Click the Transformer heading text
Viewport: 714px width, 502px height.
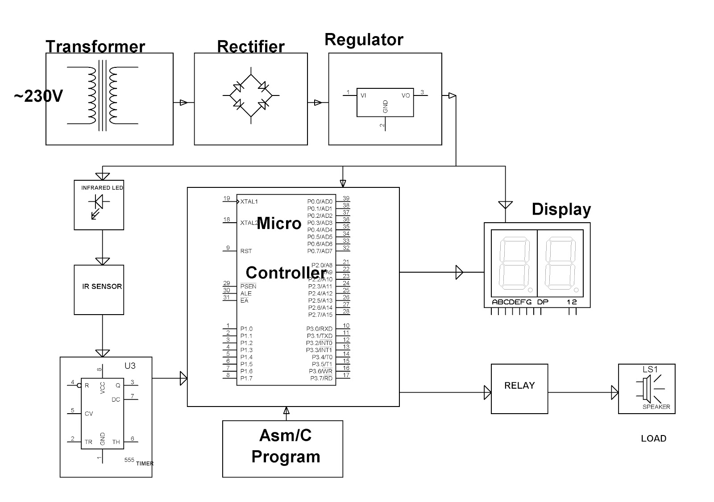(x=95, y=47)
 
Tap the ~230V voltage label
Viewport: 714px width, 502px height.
(x=38, y=96)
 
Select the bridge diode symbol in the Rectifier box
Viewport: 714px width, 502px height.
(x=251, y=95)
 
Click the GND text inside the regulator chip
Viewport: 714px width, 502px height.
(x=386, y=106)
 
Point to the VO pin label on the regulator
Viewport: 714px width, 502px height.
(x=406, y=95)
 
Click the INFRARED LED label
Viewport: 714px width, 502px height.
(x=102, y=188)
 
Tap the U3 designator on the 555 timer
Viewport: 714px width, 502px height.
(x=130, y=366)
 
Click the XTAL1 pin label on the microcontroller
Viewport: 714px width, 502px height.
(x=249, y=202)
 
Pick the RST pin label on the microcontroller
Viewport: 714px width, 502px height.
(x=246, y=251)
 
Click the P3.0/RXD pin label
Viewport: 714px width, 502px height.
(x=319, y=329)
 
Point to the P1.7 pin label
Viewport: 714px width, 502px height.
(x=246, y=378)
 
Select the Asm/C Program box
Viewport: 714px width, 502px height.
(x=283, y=448)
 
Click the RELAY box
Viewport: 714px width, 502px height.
(x=519, y=389)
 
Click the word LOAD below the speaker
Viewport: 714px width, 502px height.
(x=653, y=439)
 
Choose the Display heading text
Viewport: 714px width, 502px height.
(x=561, y=210)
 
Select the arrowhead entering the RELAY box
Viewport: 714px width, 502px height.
(x=487, y=393)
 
